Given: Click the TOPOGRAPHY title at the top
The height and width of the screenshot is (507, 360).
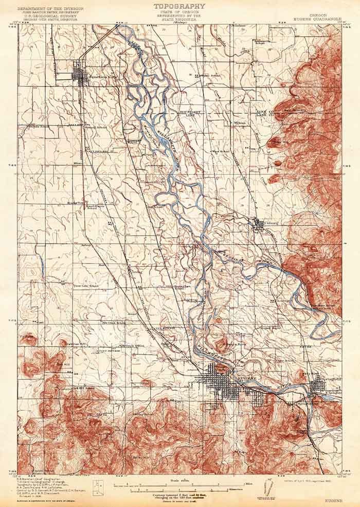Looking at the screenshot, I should point(179,6).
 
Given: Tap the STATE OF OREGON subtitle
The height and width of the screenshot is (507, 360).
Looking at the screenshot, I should point(179,13).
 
